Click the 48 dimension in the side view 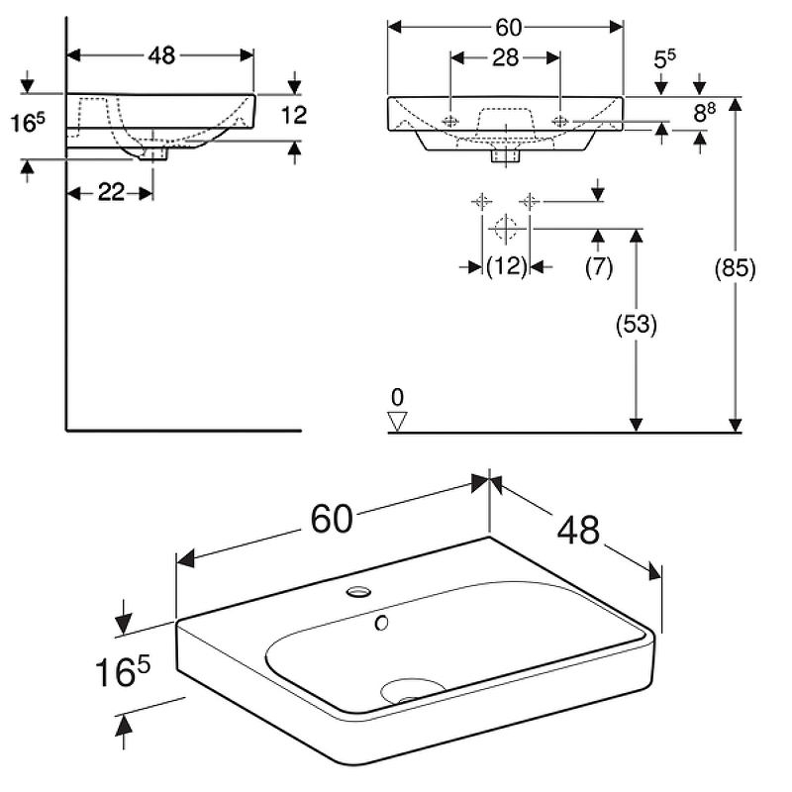160,55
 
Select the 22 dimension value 111,192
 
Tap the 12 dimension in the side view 294,116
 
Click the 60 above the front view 506,26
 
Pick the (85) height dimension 736,267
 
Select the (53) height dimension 637,324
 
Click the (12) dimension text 506,265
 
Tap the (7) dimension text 599,265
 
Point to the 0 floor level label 397,397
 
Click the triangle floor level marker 398,420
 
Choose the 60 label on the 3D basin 333,518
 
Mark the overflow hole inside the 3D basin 381,624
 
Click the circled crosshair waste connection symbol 505,228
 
